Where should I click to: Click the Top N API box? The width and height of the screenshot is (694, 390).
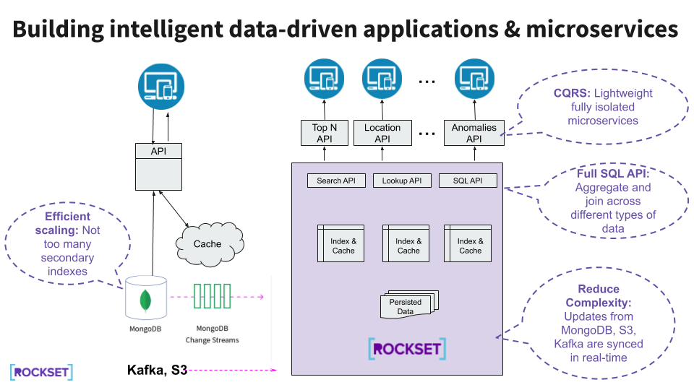pos(324,133)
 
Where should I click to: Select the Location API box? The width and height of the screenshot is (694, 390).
pos(382,133)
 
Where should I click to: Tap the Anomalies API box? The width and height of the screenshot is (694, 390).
pos(474,133)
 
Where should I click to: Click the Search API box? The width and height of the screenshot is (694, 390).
pos(336,181)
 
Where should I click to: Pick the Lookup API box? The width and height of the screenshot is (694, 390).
pos(402,181)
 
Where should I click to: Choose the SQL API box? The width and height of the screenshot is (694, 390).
pos(468,181)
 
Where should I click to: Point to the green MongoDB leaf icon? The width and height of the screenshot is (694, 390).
pos(145,298)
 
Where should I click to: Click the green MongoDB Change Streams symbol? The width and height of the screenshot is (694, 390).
pos(212,296)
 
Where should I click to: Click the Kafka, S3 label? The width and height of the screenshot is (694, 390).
pos(157,370)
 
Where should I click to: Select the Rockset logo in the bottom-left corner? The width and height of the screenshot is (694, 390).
pos(42,372)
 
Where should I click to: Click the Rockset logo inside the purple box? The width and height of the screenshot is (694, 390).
pos(407,349)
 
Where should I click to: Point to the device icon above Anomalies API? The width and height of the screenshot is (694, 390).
pos(474,79)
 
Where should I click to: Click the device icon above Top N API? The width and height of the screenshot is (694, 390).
pos(324,79)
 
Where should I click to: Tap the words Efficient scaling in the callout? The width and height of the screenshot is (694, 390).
pos(67,223)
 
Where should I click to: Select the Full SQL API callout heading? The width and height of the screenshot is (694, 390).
pos(612,174)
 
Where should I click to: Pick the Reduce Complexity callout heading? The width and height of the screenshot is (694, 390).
pos(599,296)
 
